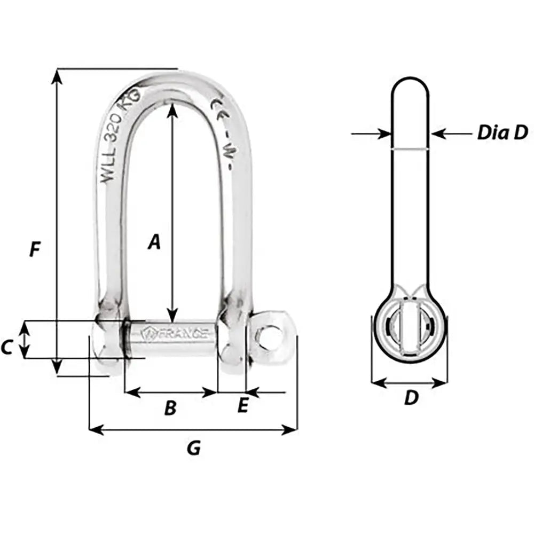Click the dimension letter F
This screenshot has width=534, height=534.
35,249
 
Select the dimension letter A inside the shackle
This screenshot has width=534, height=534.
154,242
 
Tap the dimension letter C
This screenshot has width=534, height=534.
6,348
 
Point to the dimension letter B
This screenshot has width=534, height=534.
170,409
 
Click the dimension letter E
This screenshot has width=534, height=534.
242,406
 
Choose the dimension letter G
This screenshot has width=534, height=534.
194,448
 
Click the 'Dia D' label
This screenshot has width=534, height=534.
502,132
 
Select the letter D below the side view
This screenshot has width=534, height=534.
410,398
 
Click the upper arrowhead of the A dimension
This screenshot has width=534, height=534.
172,107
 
